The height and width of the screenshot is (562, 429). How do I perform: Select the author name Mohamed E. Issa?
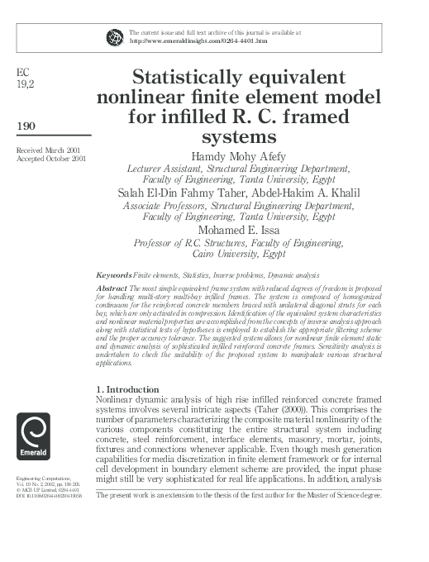pyautogui.click(x=238, y=229)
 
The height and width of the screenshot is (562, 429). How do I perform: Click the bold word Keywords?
pyautogui.click(x=114, y=274)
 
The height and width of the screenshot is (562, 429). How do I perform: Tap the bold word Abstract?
pyautogui.click(x=111, y=286)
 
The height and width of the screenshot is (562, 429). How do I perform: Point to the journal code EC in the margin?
pyautogui.click(x=23, y=72)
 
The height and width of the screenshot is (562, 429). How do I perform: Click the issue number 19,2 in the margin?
pyautogui.click(x=25, y=83)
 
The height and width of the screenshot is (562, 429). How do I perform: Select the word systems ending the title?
pyautogui.click(x=238, y=135)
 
